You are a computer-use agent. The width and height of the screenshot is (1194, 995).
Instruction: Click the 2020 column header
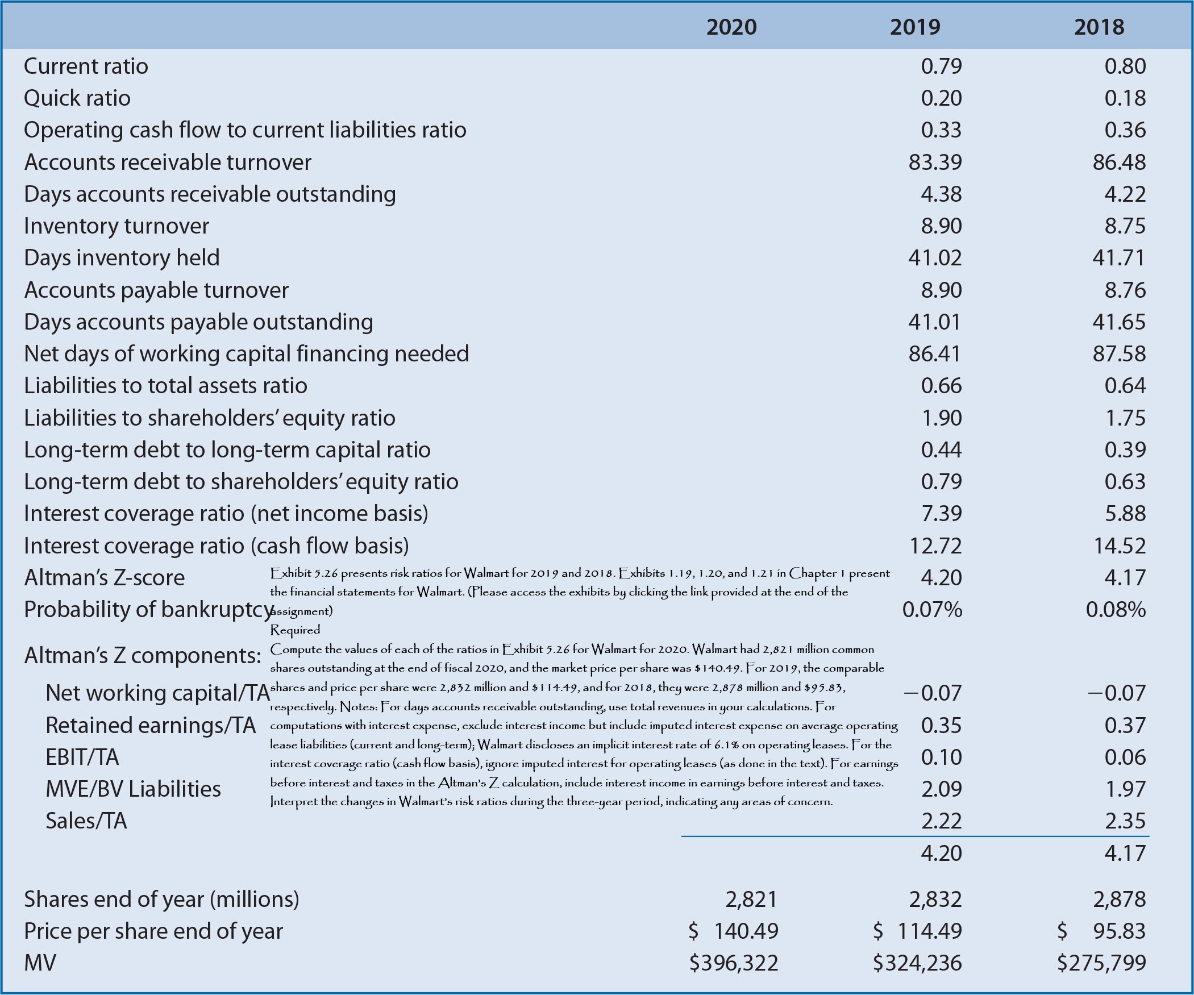(731, 27)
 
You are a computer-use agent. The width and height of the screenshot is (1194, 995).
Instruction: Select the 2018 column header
(1099, 27)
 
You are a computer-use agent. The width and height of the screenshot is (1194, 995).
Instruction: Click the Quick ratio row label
(77, 98)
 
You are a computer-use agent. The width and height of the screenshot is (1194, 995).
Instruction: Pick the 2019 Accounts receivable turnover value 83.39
(935, 163)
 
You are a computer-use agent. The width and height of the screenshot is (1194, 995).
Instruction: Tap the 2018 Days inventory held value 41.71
(1118, 258)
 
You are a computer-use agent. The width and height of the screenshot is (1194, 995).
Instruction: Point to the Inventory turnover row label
(117, 226)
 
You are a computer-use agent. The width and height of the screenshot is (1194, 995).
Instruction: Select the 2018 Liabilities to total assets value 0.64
(1125, 386)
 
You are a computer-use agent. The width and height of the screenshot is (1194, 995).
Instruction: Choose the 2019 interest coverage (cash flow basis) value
(935, 546)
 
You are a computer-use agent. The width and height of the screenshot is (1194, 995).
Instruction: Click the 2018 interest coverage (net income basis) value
(1125, 514)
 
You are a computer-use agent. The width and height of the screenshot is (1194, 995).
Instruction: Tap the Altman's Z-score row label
(105, 578)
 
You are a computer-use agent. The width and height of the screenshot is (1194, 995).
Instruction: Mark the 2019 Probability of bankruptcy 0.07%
(932, 610)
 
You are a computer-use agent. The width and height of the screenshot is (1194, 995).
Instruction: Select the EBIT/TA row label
(82, 757)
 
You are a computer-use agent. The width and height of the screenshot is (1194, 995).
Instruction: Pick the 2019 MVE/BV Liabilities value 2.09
(941, 789)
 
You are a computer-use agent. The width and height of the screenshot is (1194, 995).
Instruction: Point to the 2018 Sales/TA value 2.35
(1125, 821)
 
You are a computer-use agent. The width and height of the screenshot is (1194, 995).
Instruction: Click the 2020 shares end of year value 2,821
(751, 900)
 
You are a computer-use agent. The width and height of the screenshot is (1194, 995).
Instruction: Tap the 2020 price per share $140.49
(734, 931)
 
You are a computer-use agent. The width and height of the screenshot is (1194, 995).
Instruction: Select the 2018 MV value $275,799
(1101, 963)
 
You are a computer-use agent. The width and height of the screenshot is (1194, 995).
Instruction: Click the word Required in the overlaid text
(295, 630)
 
